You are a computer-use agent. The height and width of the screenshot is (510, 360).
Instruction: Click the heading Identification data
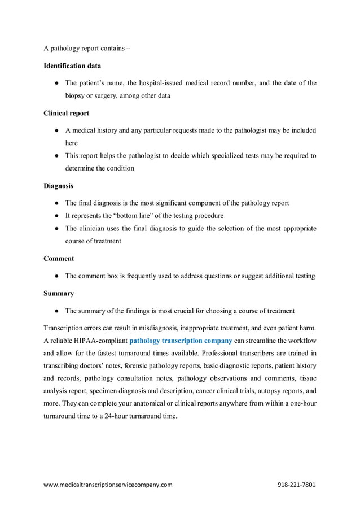point(72,66)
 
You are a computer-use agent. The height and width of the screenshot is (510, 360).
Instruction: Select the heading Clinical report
point(66,113)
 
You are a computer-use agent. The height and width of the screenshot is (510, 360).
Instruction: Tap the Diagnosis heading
point(59,185)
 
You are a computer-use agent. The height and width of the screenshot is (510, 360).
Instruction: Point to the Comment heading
point(59,259)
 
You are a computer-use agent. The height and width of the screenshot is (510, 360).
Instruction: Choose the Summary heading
point(59,294)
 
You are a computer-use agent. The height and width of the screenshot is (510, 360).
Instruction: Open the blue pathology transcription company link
point(181,341)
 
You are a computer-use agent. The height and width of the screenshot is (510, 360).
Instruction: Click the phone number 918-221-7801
point(297,485)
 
